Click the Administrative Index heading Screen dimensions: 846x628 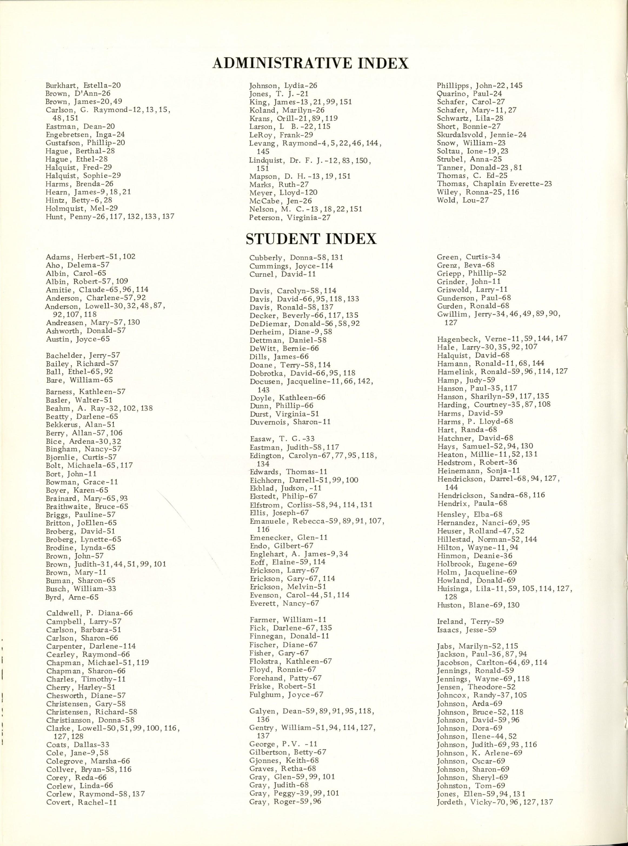[310, 63]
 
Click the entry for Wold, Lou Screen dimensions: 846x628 [463, 200]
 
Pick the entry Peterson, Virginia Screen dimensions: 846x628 [290, 218]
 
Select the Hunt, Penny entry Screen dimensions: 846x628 [110, 217]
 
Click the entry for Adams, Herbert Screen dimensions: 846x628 [91, 257]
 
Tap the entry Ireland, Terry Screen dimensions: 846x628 [470, 621]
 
